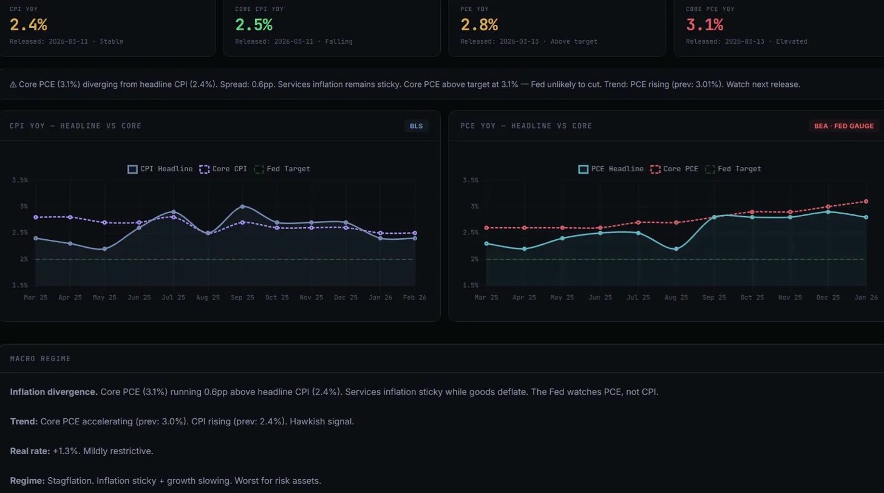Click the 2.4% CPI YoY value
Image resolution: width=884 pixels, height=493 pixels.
[29, 25]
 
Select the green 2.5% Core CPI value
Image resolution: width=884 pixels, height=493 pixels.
[254, 25]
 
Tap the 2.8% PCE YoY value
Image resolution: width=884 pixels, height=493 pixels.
[479, 25]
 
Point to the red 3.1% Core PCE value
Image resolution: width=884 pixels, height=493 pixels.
[704, 25]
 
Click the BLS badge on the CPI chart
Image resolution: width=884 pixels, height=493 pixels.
[416, 126]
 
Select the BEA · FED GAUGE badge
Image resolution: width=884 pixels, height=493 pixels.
[843, 126]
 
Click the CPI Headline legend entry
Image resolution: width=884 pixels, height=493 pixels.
[160, 169]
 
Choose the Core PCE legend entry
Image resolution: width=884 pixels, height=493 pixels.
[675, 169]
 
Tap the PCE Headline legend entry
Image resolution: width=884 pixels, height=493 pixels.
[611, 169]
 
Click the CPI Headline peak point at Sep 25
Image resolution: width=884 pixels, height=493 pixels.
[242, 207]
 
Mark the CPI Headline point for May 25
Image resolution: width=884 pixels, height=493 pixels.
[104, 249]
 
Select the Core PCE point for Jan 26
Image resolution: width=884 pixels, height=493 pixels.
[866, 202]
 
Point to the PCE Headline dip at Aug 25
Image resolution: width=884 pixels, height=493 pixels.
[676, 249]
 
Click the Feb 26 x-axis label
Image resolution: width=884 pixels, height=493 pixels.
[414, 297]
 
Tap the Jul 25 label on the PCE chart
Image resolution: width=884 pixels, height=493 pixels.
[638, 297]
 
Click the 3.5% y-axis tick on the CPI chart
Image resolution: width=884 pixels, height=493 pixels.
[19, 180]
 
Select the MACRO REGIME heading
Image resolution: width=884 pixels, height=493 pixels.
[40, 359]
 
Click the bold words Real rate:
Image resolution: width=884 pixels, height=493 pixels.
[30, 451]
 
